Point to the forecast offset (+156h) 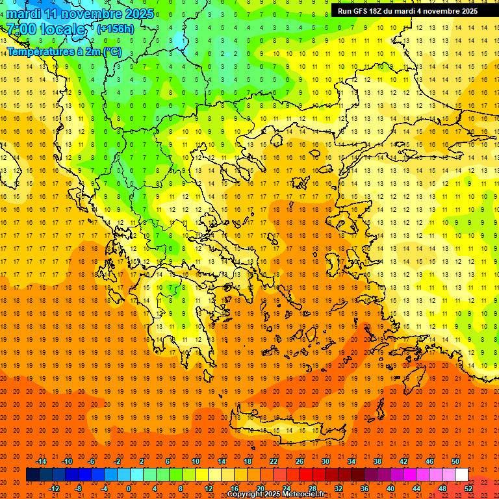click(116, 29)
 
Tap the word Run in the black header click(345, 11)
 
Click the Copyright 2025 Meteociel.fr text click(275, 494)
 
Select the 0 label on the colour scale click(128, 489)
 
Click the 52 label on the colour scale click(468, 489)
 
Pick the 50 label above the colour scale click(455, 461)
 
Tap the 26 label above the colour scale click(299, 461)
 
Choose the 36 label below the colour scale click(365, 489)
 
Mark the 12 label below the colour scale click(209, 489)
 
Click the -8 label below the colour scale click(78, 489)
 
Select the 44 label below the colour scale click(416, 489)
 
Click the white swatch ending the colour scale click(461, 475)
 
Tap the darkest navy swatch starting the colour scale click(32, 475)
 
